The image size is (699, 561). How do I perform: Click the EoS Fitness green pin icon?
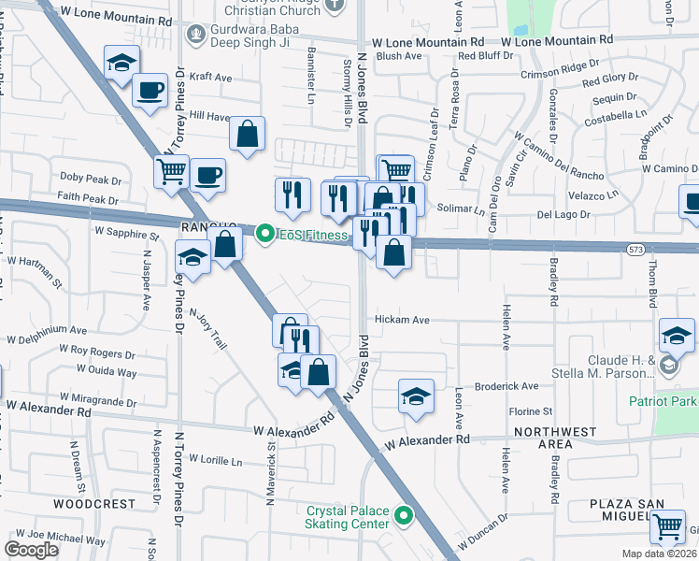click(264, 234)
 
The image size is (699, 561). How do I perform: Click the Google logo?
click(32, 550)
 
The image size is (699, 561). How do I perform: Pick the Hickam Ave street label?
click(402, 320)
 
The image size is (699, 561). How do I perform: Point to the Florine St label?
click(531, 411)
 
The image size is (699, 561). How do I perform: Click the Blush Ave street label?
click(400, 56)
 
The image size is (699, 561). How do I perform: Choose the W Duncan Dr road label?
click(482, 531)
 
